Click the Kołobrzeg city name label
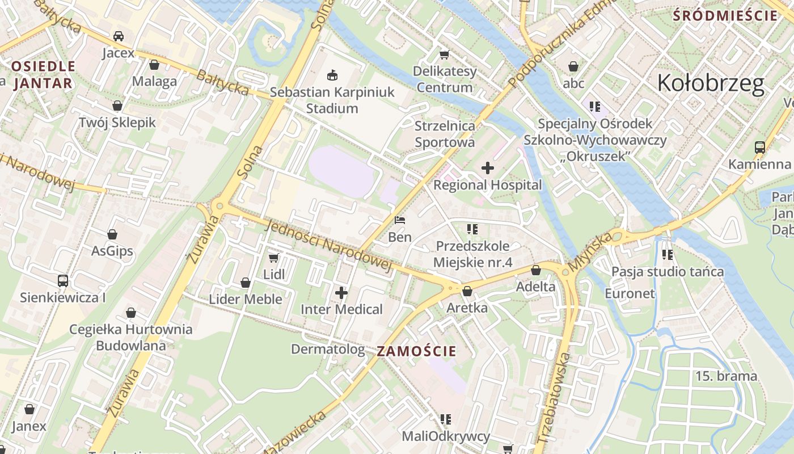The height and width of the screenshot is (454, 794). (x=711, y=83)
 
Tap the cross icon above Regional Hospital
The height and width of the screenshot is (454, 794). (x=487, y=168)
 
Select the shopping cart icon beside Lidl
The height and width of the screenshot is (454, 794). (x=273, y=258)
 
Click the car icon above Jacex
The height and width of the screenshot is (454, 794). (x=119, y=36)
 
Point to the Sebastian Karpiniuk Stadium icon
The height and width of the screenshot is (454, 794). (x=332, y=75)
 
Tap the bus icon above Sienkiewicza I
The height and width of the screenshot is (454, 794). (x=63, y=280)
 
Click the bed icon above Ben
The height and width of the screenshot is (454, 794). (x=400, y=220)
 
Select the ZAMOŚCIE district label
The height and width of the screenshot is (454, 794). (x=416, y=351)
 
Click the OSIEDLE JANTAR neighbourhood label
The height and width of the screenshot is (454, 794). (x=43, y=74)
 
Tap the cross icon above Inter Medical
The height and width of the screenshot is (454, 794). (x=341, y=293)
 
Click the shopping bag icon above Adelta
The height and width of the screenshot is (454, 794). (x=535, y=270)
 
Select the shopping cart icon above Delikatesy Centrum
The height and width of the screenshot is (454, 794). (x=445, y=55)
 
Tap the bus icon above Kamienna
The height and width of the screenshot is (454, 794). (x=760, y=148)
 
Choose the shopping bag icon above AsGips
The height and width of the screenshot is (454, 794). (x=112, y=234)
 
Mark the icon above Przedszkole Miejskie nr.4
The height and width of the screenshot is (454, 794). (x=472, y=229)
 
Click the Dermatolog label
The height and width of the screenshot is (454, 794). (x=328, y=349)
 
